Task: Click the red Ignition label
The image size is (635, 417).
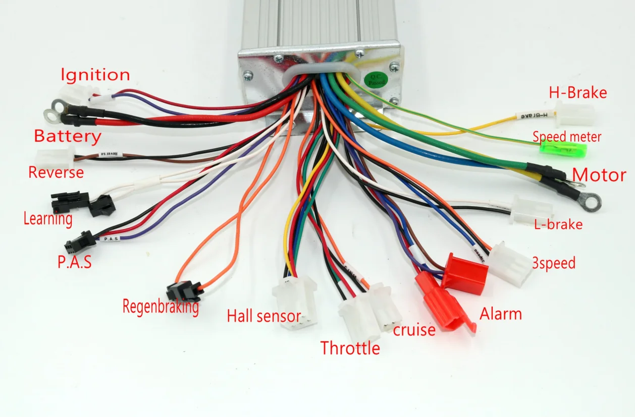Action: [x=95, y=75]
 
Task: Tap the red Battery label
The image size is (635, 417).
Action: [x=68, y=136]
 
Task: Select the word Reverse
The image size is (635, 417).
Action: [x=56, y=172]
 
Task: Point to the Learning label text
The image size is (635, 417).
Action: [x=48, y=219]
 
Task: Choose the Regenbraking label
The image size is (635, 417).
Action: [x=161, y=307]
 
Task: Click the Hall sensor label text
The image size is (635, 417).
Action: [x=263, y=317]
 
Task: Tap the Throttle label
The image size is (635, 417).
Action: [x=350, y=348]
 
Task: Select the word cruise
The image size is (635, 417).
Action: [x=414, y=330]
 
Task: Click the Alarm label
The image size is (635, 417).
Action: [x=500, y=314]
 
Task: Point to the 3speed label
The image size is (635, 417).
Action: [x=554, y=263]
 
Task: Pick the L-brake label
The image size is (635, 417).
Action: [x=558, y=224]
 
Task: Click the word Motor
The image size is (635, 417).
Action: [x=599, y=175]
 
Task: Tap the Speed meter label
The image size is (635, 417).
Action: [x=567, y=137]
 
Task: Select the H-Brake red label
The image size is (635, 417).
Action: [x=577, y=93]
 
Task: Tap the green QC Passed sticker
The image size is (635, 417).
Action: [x=377, y=79]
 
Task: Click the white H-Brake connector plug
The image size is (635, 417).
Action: [x=575, y=113]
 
